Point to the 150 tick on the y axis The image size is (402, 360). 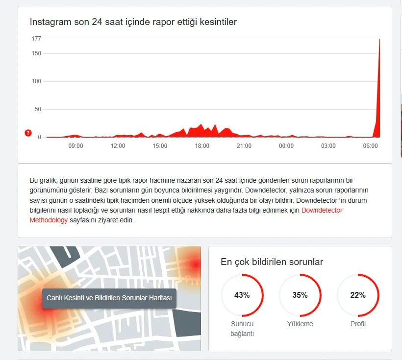tap(37, 53)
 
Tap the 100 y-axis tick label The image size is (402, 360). tap(37, 81)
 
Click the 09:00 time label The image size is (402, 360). tap(75, 146)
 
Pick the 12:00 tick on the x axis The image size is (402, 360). tap(118, 146)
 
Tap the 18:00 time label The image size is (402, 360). tap(202, 146)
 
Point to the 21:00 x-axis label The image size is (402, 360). tap(244, 146)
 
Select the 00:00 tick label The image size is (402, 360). tap(286, 146)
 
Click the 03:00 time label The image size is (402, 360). tap(328, 146)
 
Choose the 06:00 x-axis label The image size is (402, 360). tap(370, 146)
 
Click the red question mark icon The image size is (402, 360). tap(28, 133)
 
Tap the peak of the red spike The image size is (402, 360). tap(379, 40)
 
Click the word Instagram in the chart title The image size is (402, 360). tap(48, 22)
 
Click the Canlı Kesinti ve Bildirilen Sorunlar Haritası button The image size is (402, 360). tap(109, 298)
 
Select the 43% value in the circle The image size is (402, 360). tap(242, 295)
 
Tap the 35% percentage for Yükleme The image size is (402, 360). tap(300, 295)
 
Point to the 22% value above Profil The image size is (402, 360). tap(358, 295)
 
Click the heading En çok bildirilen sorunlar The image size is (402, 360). tap(272, 262)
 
